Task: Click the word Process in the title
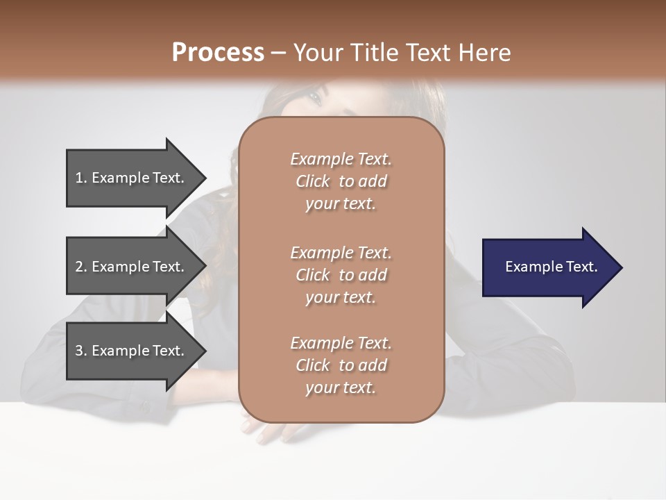click(x=218, y=53)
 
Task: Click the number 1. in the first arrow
click(x=81, y=178)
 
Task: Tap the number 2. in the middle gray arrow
click(x=81, y=267)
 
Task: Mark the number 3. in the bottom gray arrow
click(x=81, y=351)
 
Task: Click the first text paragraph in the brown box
click(x=341, y=181)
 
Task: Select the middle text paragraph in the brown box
click(x=341, y=275)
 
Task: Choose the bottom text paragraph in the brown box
click(x=341, y=365)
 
